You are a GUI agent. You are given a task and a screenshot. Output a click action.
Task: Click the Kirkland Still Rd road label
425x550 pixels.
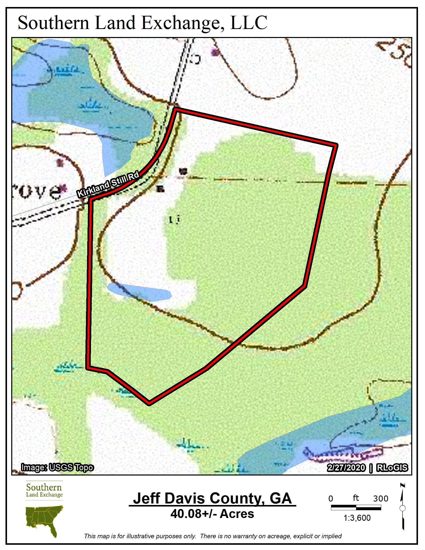click(108, 184)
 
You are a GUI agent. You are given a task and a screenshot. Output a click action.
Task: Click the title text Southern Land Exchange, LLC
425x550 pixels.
click(142, 23)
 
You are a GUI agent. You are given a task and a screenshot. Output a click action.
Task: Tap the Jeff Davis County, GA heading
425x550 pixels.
click(212, 498)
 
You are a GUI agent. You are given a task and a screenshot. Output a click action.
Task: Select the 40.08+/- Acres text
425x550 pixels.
click(212, 514)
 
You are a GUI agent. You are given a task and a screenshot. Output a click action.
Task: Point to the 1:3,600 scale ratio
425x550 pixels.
click(357, 518)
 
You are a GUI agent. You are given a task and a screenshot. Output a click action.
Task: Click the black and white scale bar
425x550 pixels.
click(356, 508)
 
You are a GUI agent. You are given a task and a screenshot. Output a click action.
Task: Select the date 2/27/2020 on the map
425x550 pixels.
click(346, 468)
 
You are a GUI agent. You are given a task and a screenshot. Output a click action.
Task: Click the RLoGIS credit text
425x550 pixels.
click(392, 468)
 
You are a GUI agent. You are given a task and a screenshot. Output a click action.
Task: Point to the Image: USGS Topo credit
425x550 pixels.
click(57, 468)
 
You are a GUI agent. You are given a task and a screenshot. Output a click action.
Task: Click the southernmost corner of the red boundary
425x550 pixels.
click(149, 403)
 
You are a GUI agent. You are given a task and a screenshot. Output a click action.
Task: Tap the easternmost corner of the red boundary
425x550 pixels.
click(336, 145)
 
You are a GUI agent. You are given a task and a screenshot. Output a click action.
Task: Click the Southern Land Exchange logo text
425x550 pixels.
click(44, 490)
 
